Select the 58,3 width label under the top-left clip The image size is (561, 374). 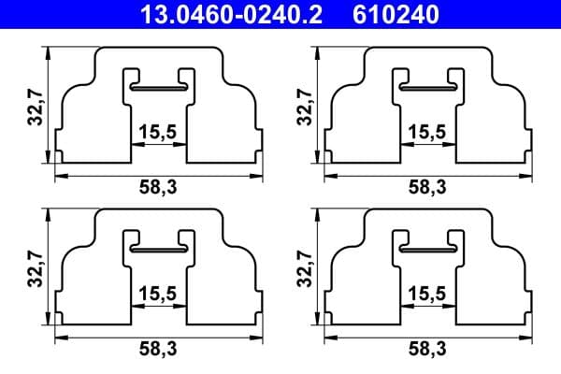point(157,187)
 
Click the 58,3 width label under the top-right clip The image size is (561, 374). point(427,187)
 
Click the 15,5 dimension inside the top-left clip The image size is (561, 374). point(157,131)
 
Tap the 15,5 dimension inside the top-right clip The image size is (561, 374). point(427,131)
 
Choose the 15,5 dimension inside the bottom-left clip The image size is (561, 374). point(157,292)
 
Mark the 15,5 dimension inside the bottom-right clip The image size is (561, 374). point(427,292)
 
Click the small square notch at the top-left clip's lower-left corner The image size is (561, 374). point(58,155)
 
